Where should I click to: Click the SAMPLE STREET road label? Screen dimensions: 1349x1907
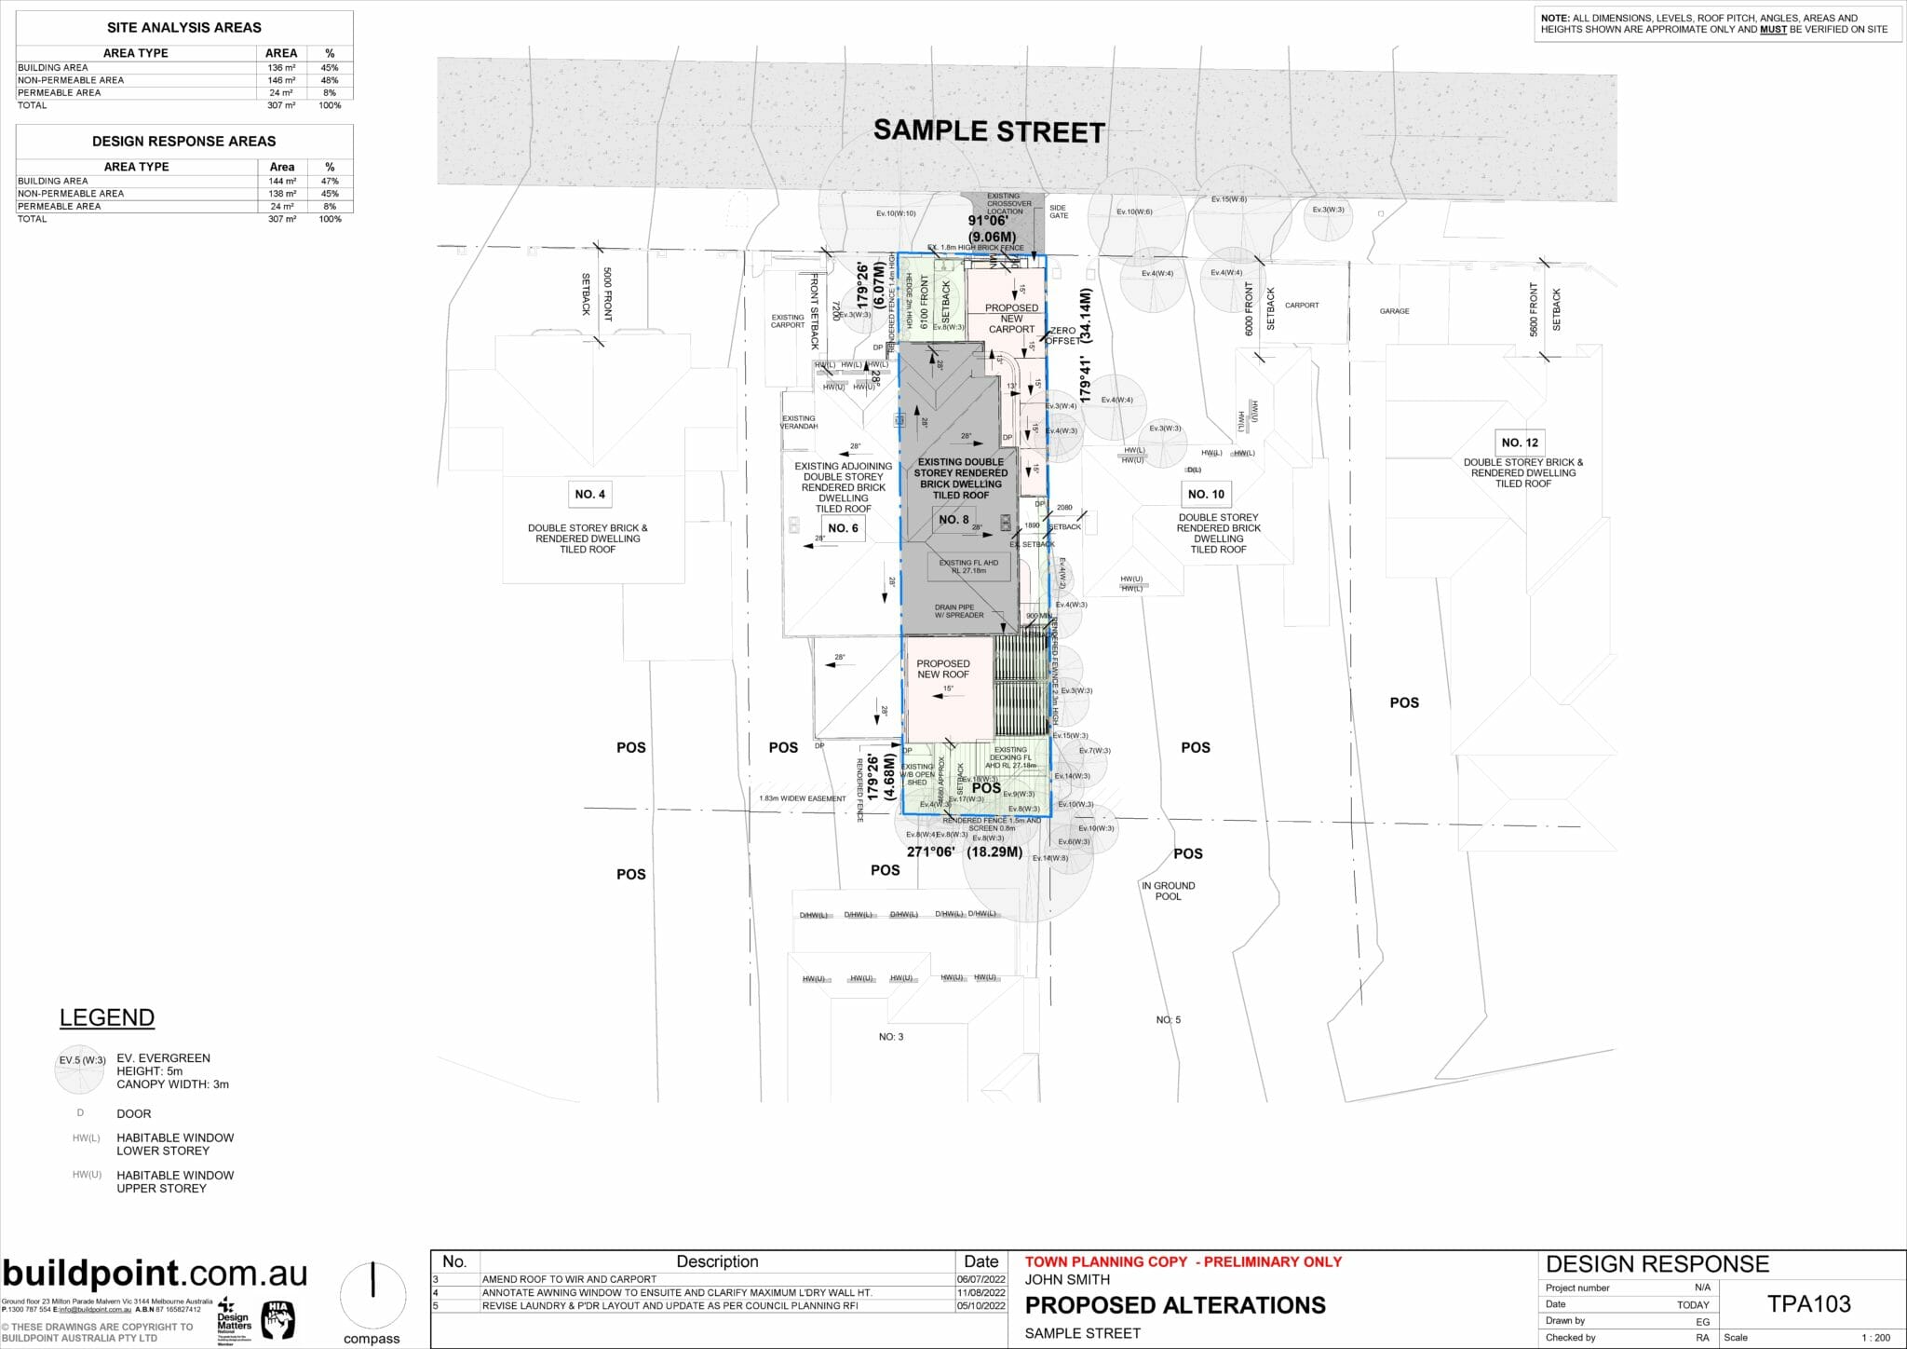(x=988, y=131)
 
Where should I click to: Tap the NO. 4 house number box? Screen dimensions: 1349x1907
(x=589, y=494)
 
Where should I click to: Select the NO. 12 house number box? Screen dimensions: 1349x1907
(x=1520, y=443)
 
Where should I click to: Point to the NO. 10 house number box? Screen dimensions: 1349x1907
(x=1206, y=494)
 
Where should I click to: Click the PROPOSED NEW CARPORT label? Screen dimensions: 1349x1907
(x=1011, y=318)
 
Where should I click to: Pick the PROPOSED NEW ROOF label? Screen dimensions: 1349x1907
(x=942, y=669)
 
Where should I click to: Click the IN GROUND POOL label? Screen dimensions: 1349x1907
(x=1168, y=891)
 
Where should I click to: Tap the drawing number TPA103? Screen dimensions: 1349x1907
(x=1808, y=1304)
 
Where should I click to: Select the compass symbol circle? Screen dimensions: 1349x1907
(x=372, y=1295)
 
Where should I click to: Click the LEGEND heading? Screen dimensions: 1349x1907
(x=107, y=1017)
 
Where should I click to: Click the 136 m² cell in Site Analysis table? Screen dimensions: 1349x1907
(x=281, y=67)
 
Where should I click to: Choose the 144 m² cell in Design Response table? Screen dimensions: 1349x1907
(x=282, y=181)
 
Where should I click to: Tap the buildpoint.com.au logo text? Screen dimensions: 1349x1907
(x=155, y=1274)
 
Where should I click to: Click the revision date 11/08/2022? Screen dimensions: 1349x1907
(x=981, y=1292)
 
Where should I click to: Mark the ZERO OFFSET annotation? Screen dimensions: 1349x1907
(x=1063, y=335)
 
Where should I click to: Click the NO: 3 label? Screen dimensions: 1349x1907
(x=890, y=1036)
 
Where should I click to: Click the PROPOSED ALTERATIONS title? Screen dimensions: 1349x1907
(x=1175, y=1305)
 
